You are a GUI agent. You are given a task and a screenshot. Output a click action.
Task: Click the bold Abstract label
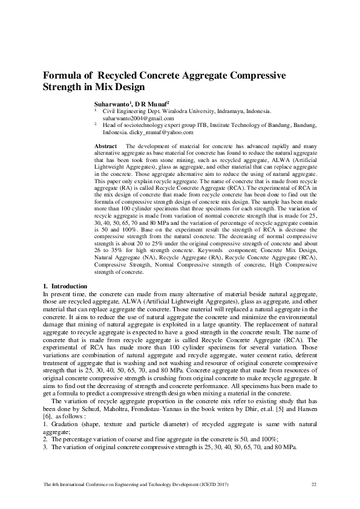[106, 147]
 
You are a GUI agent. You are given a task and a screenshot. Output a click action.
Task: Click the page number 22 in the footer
[313, 485]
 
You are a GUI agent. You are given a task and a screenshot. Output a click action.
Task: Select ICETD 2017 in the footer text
[212, 485]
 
